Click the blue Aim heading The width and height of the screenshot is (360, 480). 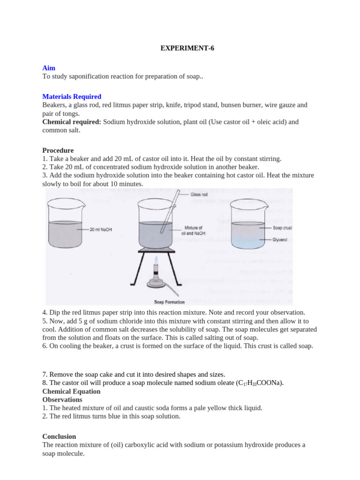(49, 68)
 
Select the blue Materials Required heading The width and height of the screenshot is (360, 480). (72, 97)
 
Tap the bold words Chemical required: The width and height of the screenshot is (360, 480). (72, 122)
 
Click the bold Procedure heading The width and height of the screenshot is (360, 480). (58, 150)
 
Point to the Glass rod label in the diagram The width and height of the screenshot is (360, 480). (200, 194)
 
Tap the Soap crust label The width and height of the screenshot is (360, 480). (282, 228)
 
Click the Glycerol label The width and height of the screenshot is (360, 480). (280, 239)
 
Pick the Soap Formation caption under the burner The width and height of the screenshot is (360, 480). (169, 302)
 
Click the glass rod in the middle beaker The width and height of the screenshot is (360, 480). (168, 211)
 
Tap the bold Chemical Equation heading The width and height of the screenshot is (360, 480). (71, 391)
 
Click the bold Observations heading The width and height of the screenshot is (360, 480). (62, 400)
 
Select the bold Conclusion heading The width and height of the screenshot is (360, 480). (59, 436)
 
